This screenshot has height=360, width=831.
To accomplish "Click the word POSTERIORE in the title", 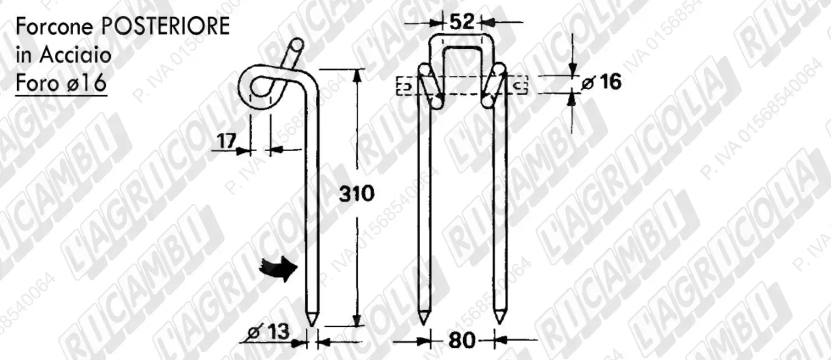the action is [x=166, y=27].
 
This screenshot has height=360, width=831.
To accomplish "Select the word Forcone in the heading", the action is [x=54, y=27].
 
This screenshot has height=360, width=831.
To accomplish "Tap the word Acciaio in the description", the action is [x=75, y=55].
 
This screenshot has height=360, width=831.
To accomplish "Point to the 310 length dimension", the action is [x=357, y=194].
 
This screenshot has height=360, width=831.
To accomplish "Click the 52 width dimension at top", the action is [x=462, y=22].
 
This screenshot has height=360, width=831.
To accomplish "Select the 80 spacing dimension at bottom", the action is [x=461, y=340].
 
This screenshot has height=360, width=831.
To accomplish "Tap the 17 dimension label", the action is [x=226, y=141].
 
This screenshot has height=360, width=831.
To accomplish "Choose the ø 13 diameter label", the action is [x=269, y=331].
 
